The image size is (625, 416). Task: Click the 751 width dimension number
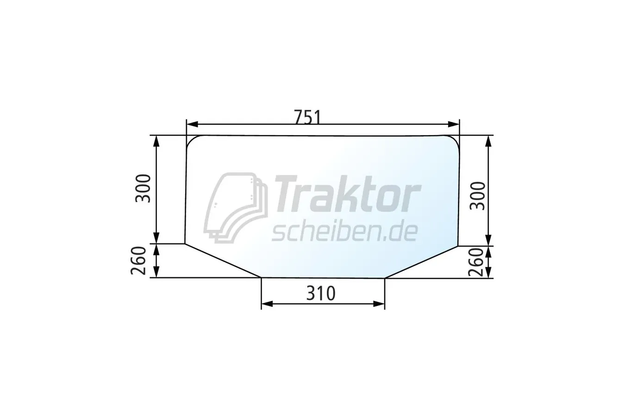tap(308, 117)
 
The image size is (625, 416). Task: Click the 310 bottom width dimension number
tap(321, 294)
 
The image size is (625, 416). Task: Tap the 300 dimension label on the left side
tap(143, 189)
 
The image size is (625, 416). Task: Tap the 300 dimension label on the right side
tap(478, 196)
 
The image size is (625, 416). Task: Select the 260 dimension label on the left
tap(139, 261)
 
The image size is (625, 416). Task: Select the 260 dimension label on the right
tap(476, 263)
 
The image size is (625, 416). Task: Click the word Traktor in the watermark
tap(348, 194)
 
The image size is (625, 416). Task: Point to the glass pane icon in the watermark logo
tap(236, 208)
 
